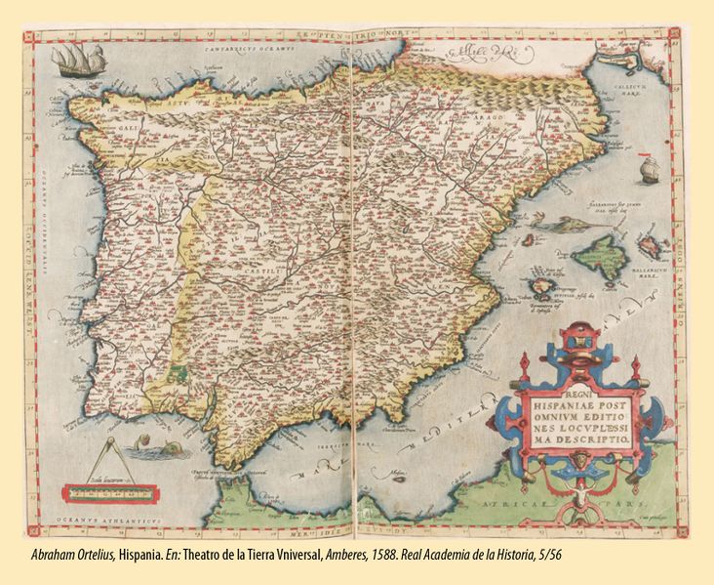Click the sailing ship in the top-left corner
click(71, 63)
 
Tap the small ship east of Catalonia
click(648, 173)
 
